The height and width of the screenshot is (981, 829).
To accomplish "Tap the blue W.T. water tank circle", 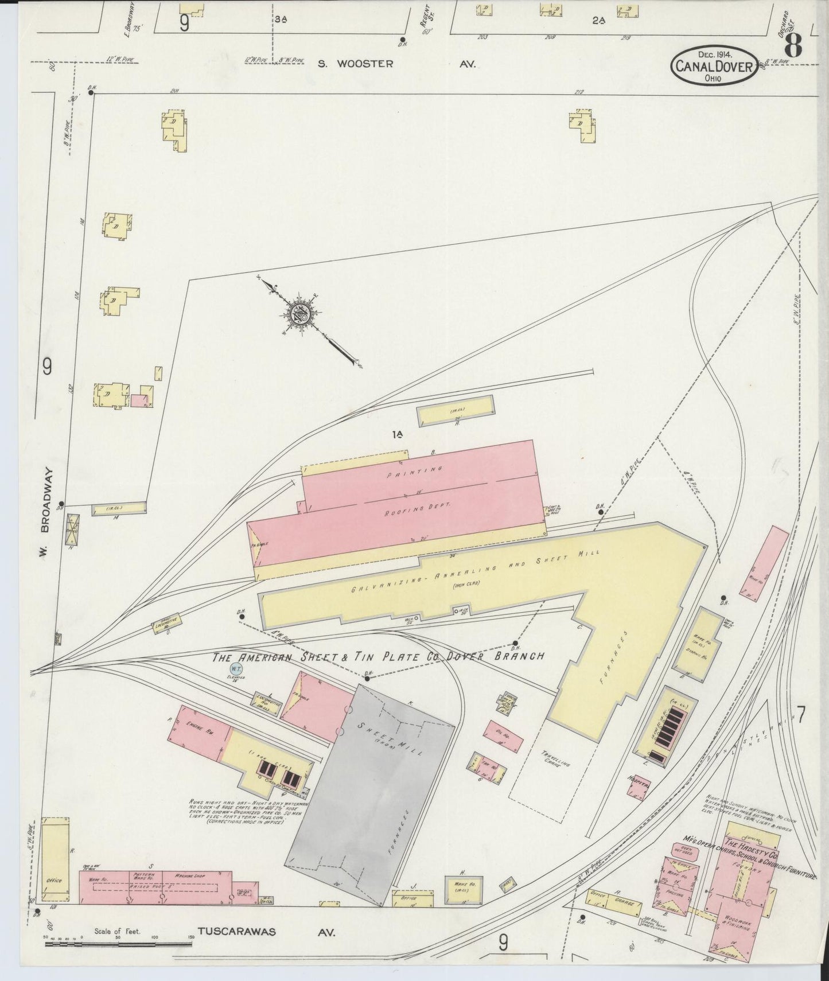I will (x=235, y=669).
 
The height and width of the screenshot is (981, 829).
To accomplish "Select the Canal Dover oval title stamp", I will (x=714, y=67).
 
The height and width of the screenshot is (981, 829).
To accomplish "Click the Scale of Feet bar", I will (x=118, y=943).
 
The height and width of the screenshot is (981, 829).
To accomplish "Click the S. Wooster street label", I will (x=356, y=64).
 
